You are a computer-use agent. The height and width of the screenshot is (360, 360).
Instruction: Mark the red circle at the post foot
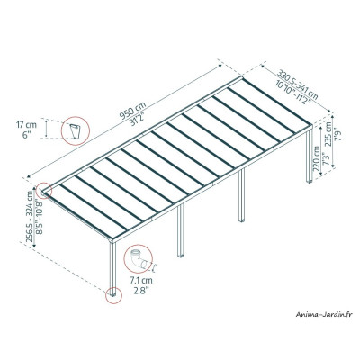pos(113,293)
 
